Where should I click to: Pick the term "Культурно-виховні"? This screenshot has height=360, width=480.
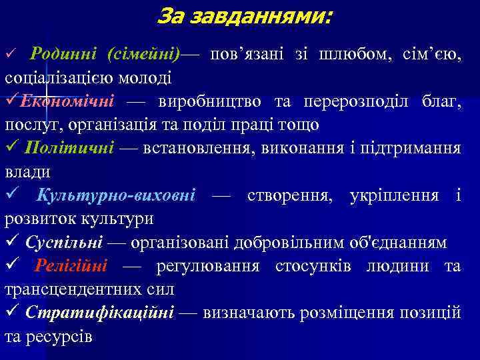116,195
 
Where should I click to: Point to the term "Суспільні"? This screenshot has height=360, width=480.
64,242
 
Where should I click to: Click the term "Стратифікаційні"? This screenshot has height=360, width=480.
100,313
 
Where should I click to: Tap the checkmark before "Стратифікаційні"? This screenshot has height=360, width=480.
11,313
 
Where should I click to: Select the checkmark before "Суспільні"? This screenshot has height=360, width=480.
11,242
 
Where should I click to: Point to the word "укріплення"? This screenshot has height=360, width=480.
395,195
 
